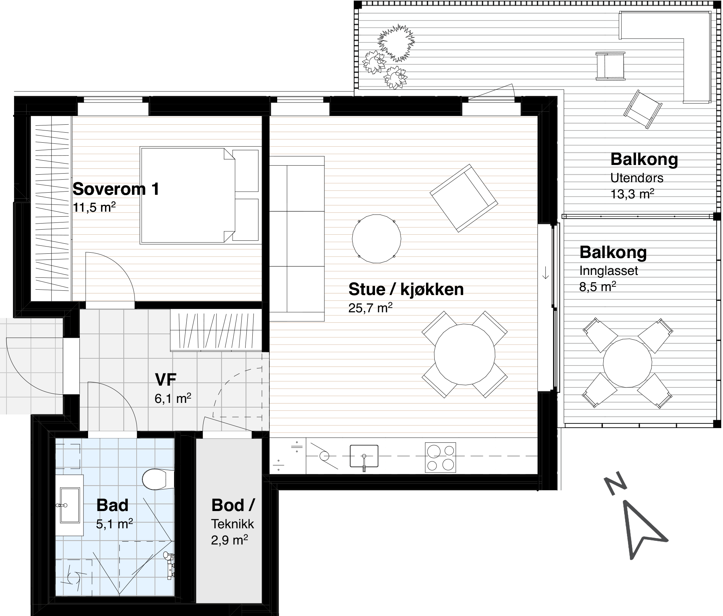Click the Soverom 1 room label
click(x=116, y=189)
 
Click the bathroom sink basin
click(x=70, y=505)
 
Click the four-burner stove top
click(x=440, y=457)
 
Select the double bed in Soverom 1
click(x=200, y=195)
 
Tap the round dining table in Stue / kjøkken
click(x=464, y=354)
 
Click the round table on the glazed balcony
click(x=627, y=363)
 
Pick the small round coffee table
click(x=376, y=239)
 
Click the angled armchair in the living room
click(x=464, y=198)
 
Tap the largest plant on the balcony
click(x=396, y=43)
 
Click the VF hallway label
click(x=165, y=380)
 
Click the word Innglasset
click(x=609, y=271)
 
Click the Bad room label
click(x=112, y=505)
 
